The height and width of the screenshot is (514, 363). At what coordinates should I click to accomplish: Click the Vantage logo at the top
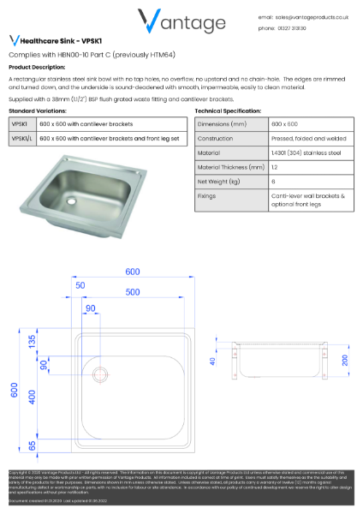pyautogui.click(x=181, y=21)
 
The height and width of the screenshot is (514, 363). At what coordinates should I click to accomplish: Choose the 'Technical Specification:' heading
pyautogui.click(x=227, y=111)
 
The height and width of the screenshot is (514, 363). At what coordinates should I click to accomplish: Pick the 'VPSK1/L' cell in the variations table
pyautogui.click(x=22, y=137)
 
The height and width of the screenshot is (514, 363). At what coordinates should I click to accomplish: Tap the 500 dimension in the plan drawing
pyautogui.click(x=132, y=292)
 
